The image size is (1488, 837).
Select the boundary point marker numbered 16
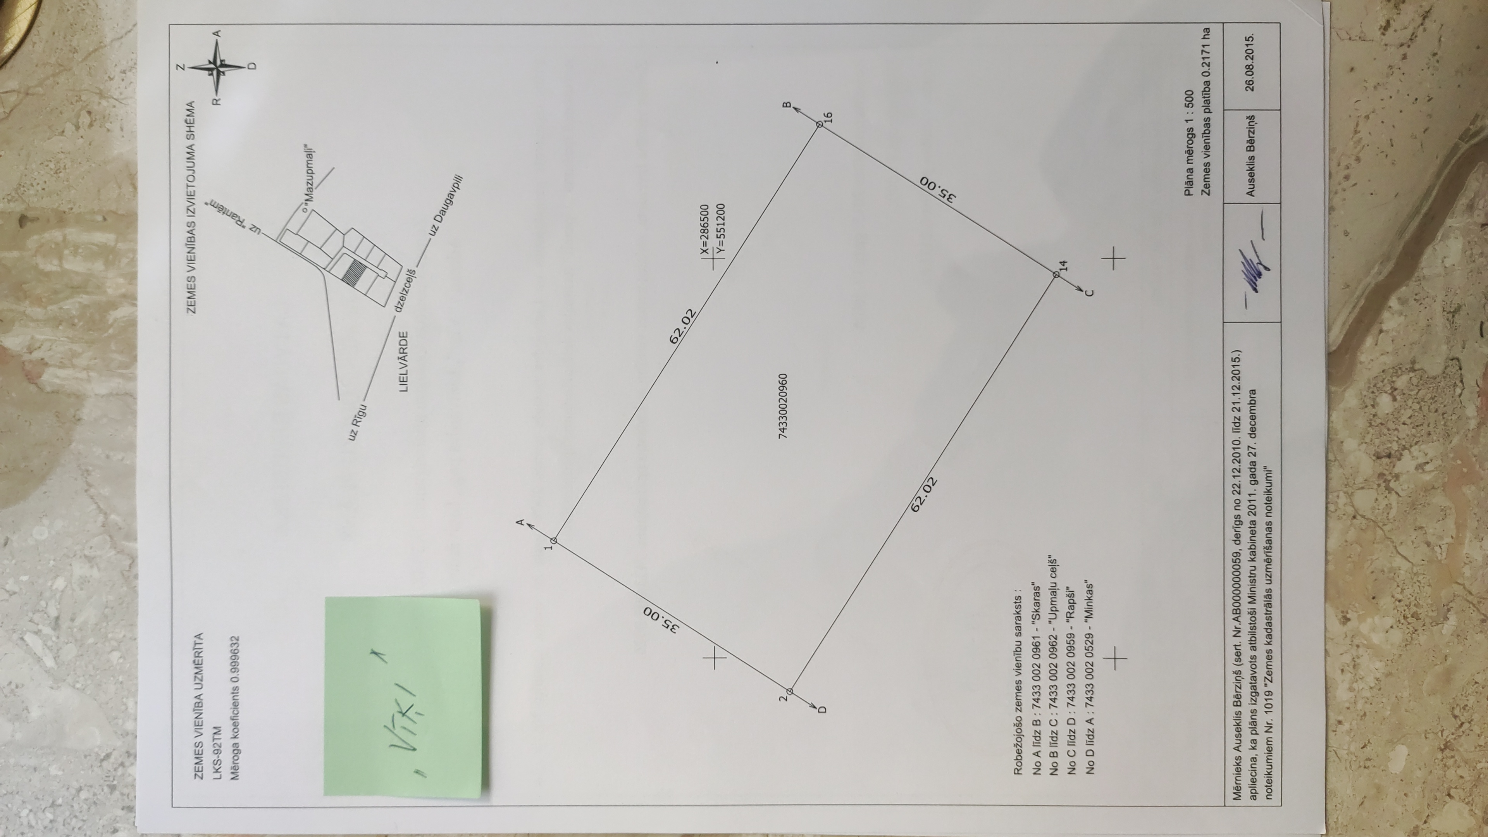click(x=819, y=124)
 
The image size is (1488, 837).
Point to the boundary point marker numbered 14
click(x=1056, y=274)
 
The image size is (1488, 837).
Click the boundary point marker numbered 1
click(x=553, y=541)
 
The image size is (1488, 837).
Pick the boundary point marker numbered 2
click(x=790, y=691)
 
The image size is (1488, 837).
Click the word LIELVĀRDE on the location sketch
click(x=404, y=362)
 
